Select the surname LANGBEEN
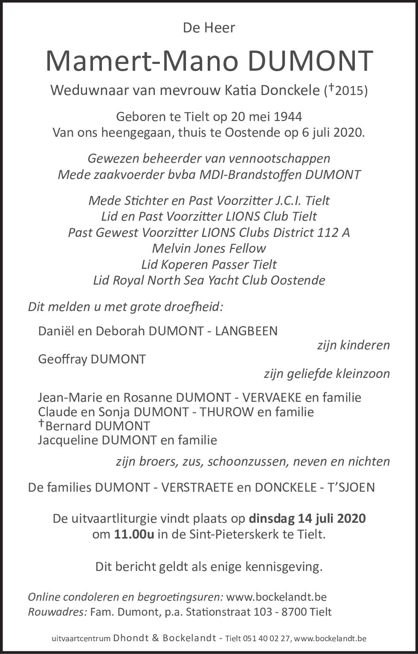[246, 331]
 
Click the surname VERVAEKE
[272, 398]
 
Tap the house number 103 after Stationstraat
[263, 612]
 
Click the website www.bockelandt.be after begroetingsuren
[276, 597]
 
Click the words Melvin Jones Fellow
[209, 248]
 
